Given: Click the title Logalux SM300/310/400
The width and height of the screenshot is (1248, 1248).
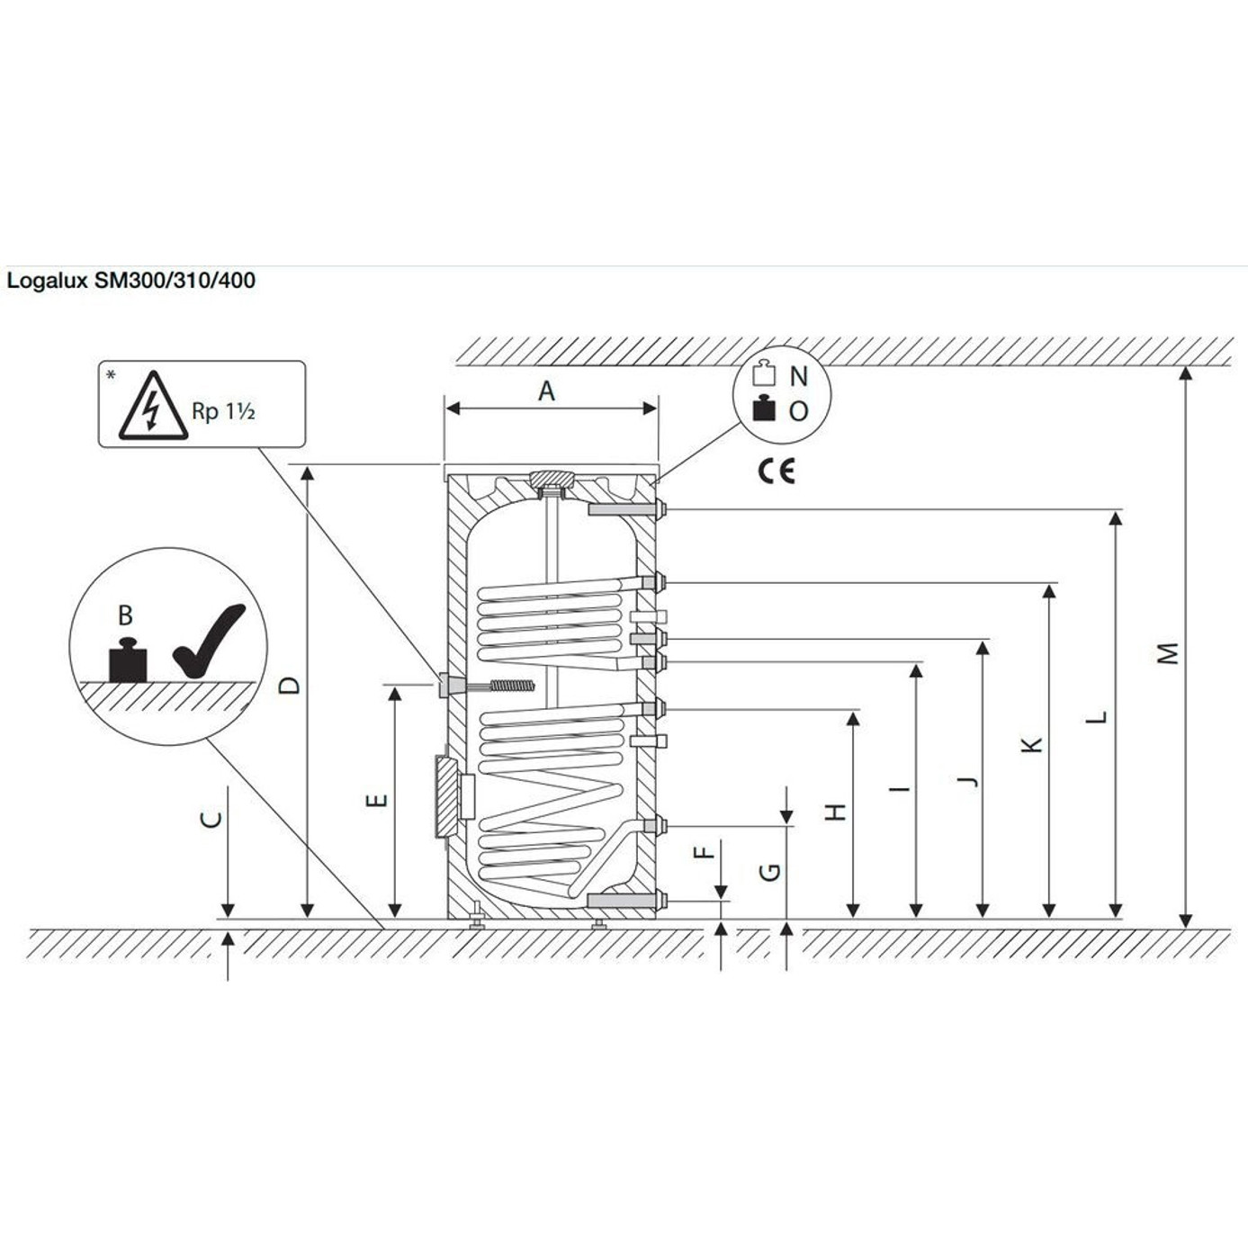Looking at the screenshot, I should click(131, 281).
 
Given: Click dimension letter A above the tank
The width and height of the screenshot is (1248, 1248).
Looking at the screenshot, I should click(546, 391).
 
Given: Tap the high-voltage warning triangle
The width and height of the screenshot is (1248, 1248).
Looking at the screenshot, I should click(154, 408).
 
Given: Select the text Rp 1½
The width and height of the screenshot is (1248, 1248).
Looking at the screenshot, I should click(224, 411).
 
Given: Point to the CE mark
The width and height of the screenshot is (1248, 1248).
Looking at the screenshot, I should click(776, 471).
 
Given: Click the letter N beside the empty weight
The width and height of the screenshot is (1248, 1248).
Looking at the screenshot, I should click(798, 376).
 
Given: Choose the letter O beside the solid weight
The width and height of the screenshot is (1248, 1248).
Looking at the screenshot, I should click(798, 411).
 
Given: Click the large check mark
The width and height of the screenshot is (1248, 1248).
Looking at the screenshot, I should click(208, 642).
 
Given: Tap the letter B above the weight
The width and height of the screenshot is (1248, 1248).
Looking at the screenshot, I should click(125, 615).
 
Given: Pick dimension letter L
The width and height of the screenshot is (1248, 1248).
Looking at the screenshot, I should click(1096, 718).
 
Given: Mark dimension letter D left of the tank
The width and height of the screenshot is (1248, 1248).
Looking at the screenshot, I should click(289, 685).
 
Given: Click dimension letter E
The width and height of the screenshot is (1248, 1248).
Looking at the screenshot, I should click(378, 800).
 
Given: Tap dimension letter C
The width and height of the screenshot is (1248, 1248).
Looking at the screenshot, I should click(211, 819).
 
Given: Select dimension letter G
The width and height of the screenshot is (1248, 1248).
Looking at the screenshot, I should click(770, 871).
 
